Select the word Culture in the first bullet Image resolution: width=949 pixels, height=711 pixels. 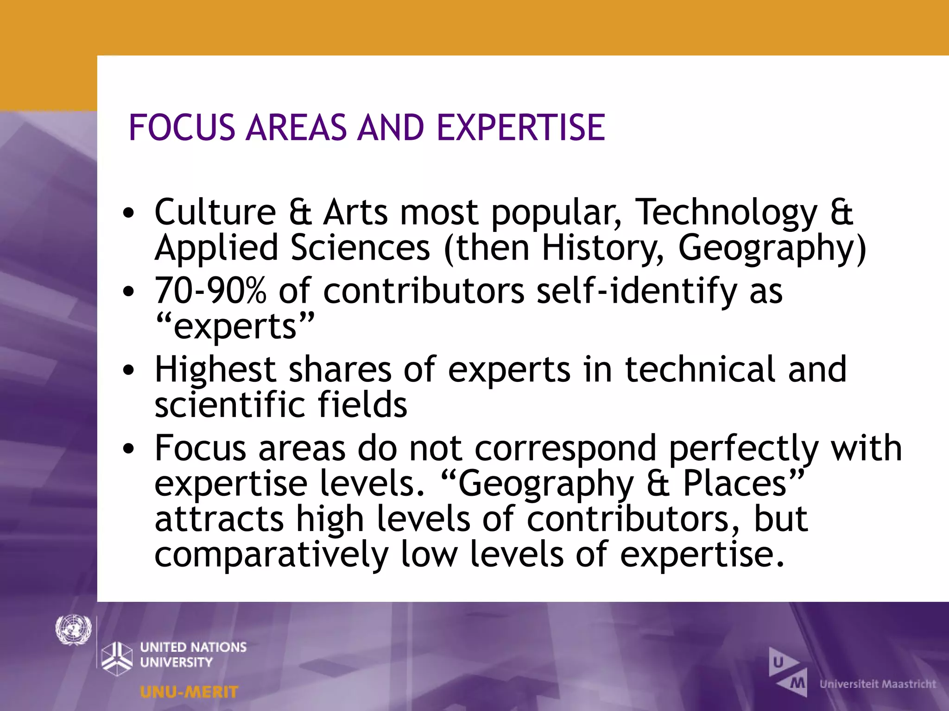click(x=215, y=212)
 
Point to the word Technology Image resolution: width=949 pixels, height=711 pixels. click(x=726, y=212)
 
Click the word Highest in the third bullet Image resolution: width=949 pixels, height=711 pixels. click(x=215, y=370)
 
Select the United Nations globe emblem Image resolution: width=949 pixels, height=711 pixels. click(x=73, y=630)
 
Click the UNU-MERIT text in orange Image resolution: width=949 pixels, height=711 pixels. click(x=189, y=692)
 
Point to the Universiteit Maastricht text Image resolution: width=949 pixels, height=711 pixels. click(x=878, y=684)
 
